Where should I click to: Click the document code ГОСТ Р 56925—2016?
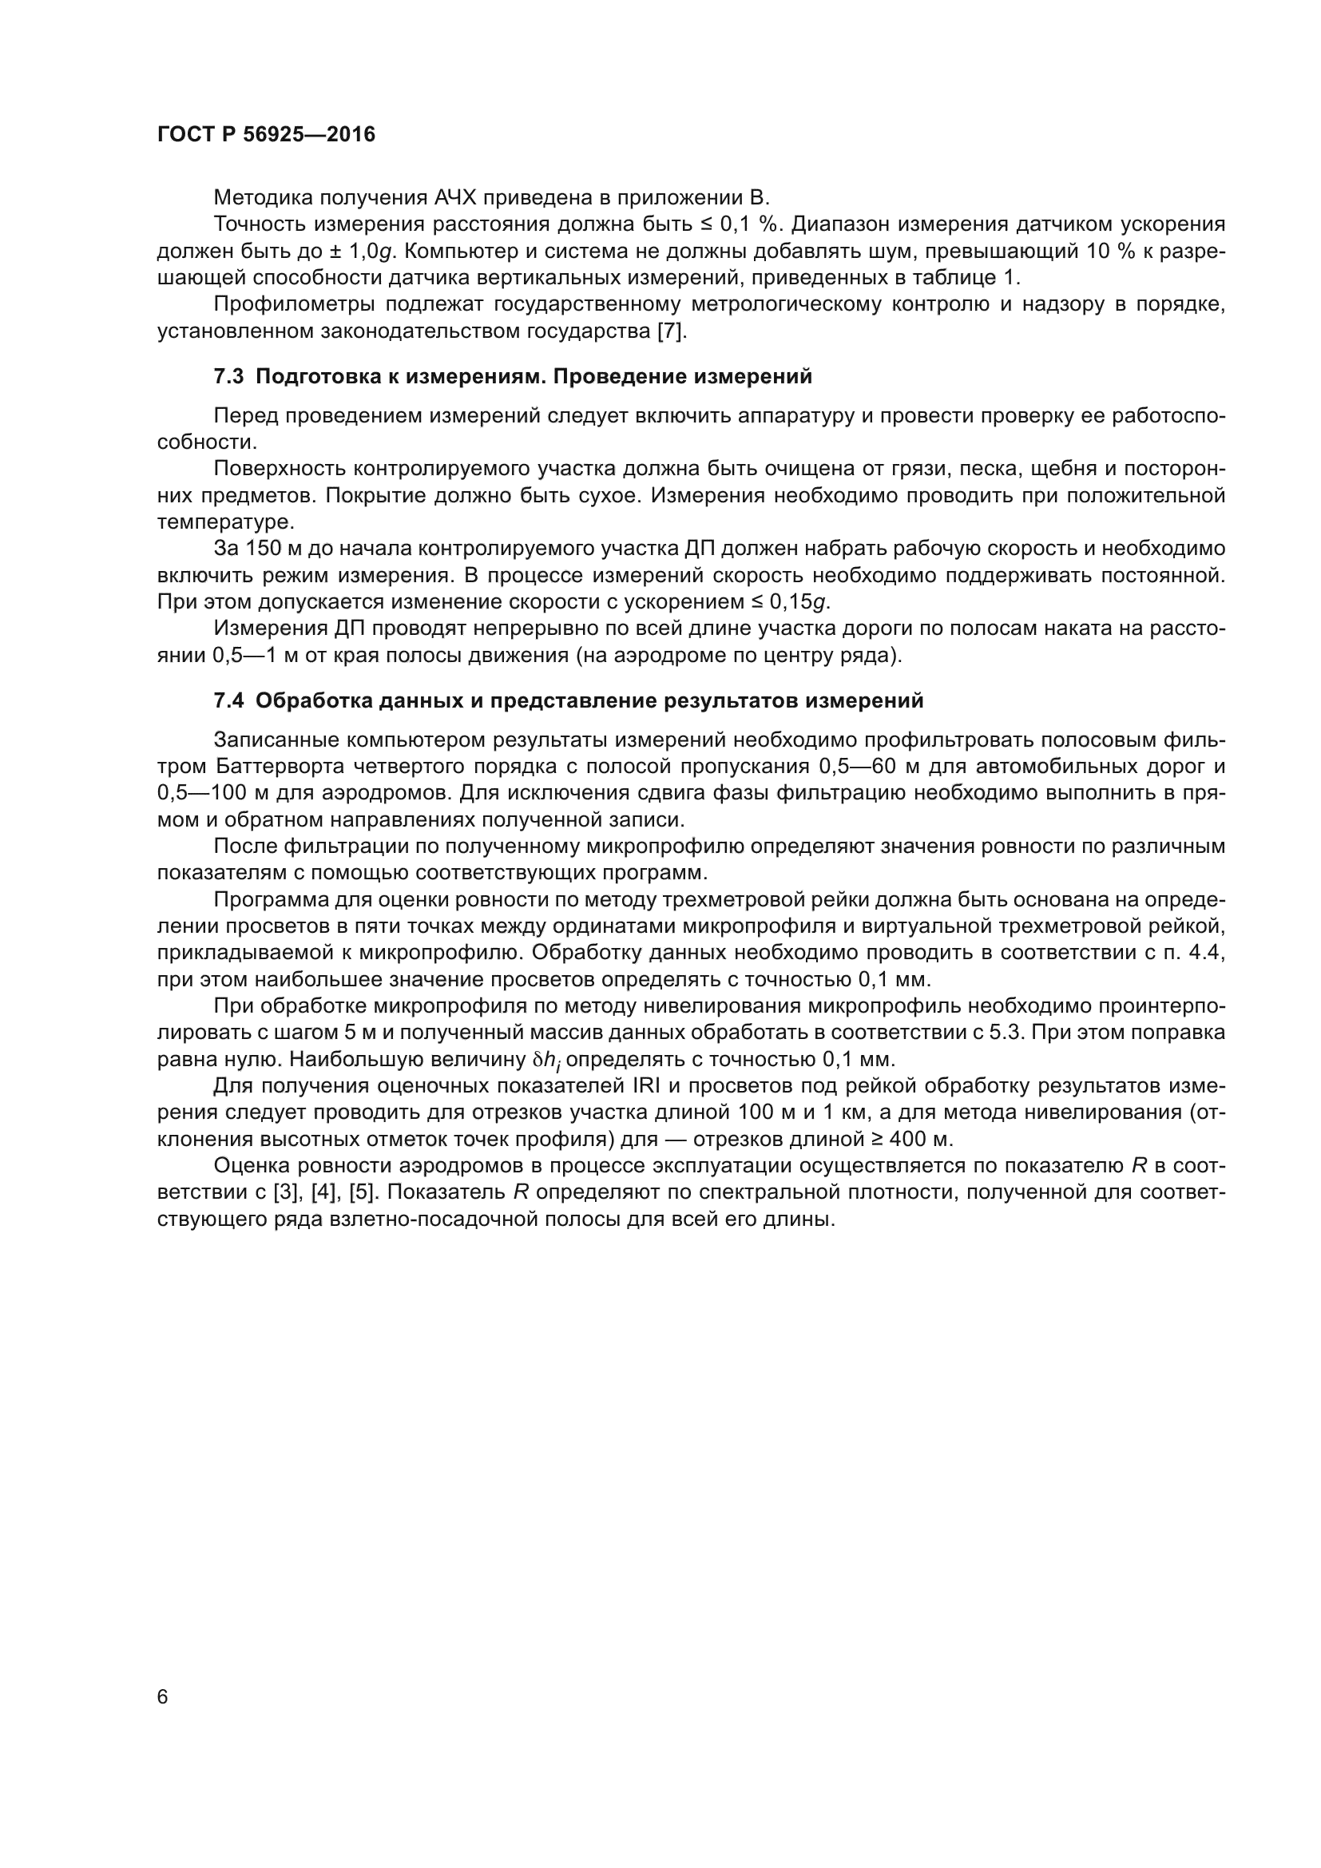tap(266, 135)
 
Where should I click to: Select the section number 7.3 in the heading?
tap(228, 377)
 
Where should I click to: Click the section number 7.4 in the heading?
tap(228, 700)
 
